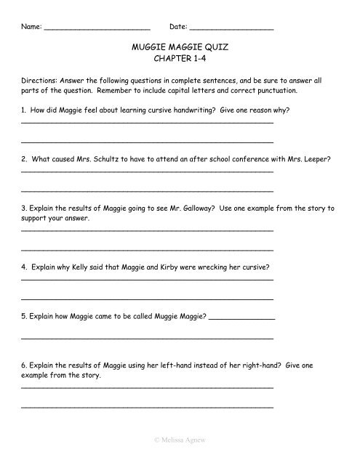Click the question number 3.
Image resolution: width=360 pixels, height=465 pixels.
pos(25,208)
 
